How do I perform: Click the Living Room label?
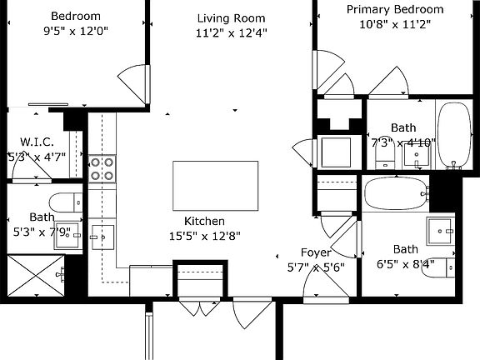click(232, 18)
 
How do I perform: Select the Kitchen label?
click(204, 222)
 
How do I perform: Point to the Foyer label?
click(316, 252)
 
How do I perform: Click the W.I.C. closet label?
click(37, 141)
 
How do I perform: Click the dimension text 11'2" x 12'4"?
click(232, 34)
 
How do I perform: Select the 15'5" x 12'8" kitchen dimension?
click(204, 236)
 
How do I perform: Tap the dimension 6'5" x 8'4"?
click(406, 264)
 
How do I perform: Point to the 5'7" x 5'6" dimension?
click(316, 267)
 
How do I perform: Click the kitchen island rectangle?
click(205, 186)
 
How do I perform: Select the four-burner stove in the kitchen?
click(102, 169)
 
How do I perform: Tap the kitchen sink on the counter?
click(103, 236)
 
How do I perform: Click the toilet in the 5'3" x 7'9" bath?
click(65, 201)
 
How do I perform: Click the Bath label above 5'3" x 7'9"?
click(41, 217)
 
